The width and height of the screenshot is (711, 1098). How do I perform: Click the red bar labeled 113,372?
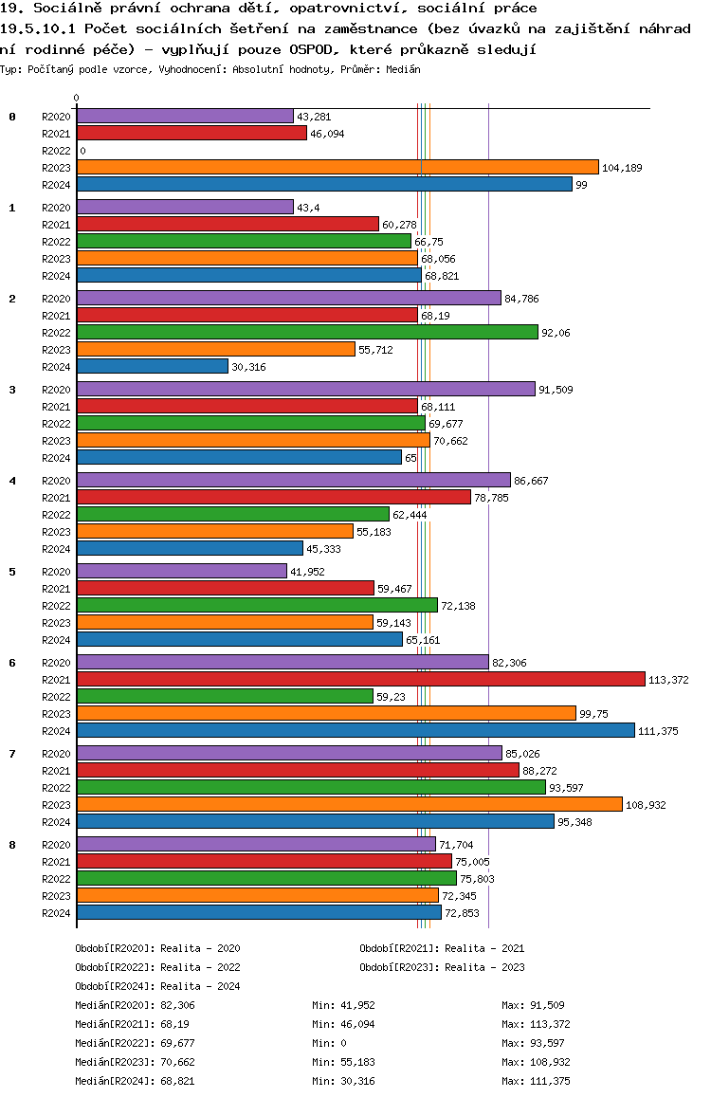(x=360, y=679)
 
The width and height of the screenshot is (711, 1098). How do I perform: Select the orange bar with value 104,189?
(x=337, y=167)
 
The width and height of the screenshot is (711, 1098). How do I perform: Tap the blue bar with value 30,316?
(x=152, y=366)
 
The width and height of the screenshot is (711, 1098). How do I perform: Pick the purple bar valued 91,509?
(x=305, y=389)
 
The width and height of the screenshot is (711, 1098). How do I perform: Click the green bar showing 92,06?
(x=306, y=332)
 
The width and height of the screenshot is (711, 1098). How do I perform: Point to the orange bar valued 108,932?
(x=349, y=804)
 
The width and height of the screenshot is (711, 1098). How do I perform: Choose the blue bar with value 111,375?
(x=355, y=730)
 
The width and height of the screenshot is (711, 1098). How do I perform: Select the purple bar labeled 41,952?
(x=181, y=571)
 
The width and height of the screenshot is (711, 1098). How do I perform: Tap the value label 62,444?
(x=410, y=515)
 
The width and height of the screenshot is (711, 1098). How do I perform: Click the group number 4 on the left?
(x=12, y=481)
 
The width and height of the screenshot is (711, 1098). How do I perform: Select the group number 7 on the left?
(x=12, y=754)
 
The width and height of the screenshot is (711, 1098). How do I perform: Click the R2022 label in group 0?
(x=57, y=151)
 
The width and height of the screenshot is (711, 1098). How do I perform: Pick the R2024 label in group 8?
(x=57, y=913)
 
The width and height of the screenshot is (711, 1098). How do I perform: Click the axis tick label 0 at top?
(x=77, y=98)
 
